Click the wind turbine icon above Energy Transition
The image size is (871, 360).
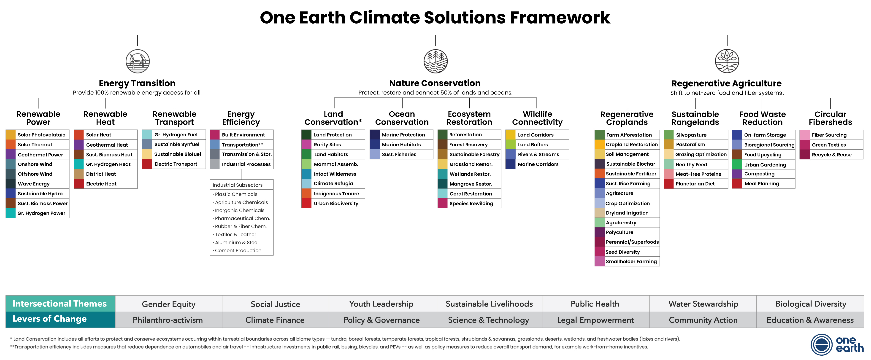click(138, 61)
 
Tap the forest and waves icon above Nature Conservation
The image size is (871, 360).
click(435, 61)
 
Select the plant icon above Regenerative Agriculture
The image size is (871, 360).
click(727, 61)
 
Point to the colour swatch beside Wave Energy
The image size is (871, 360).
click(11, 184)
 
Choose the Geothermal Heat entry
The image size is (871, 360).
click(107, 145)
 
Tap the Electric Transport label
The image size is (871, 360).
click(176, 164)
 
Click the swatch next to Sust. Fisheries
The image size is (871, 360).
click(375, 154)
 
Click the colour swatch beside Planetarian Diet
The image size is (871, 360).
click(668, 184)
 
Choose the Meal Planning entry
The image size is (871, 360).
click(761, 184)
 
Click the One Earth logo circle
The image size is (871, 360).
click(821, 345)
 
